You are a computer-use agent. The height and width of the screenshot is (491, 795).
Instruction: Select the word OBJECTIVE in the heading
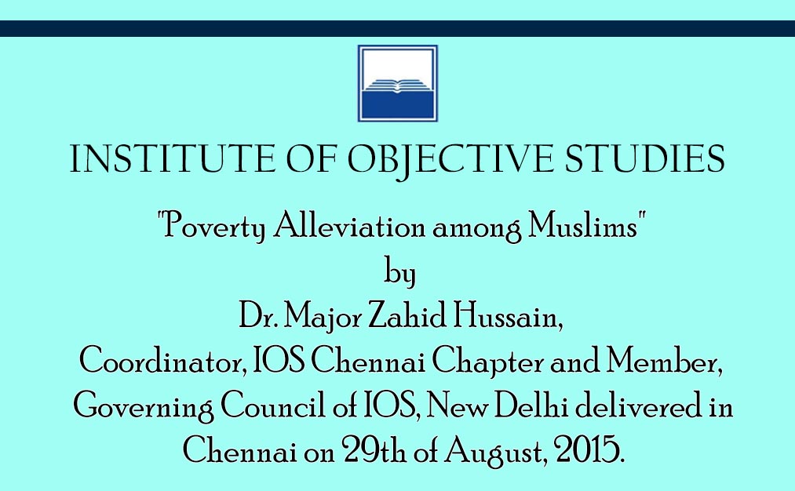click(x=450, y=160)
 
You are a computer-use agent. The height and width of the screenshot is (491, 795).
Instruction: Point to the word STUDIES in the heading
click(x=644, y=159)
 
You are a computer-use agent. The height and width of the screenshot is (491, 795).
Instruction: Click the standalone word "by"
click(x=399, y=272)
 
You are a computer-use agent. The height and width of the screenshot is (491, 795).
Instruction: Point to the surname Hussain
click(x=507, y=316)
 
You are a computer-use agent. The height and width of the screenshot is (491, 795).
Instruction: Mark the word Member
click(x=665, y=361)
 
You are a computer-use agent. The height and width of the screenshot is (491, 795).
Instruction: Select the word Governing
click(x=144, y=407)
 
